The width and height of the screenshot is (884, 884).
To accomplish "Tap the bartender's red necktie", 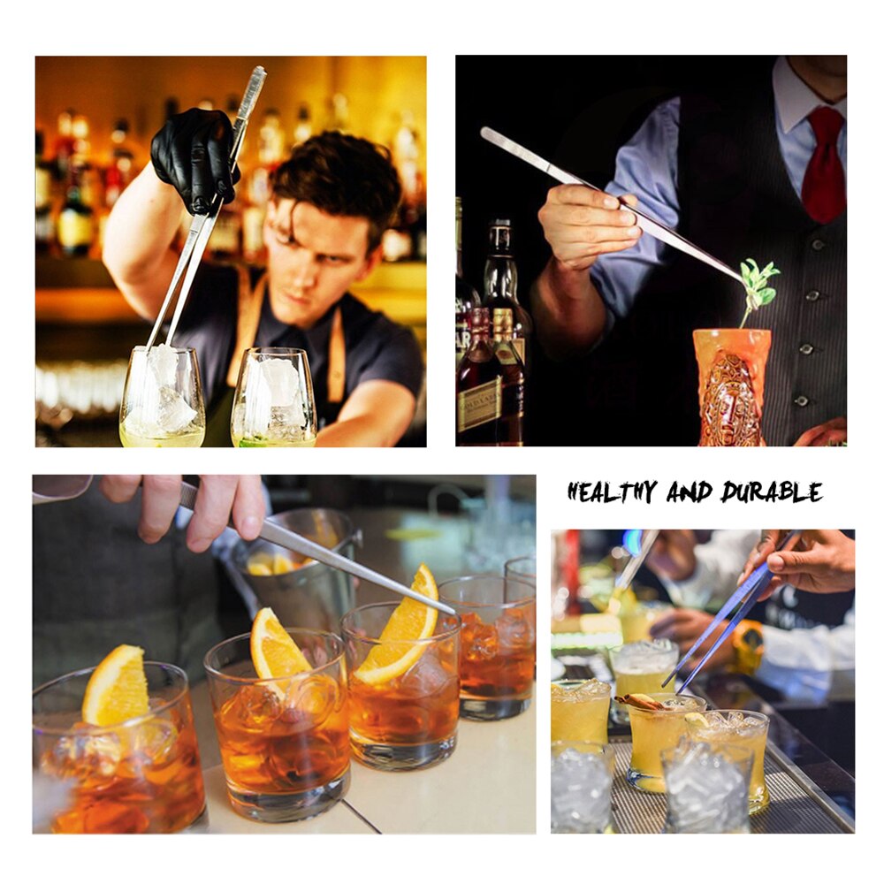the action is point(823,164).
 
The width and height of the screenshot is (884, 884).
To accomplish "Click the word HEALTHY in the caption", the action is point(612,492).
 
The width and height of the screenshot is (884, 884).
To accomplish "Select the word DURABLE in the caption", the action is point(771,492).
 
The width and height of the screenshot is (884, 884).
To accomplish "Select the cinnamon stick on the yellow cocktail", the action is point(640,701).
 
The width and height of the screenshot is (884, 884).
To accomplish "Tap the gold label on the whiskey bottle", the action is point(479,404).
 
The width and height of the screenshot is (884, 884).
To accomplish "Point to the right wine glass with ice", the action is point(274,398).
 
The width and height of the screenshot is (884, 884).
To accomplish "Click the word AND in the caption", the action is point(689,492).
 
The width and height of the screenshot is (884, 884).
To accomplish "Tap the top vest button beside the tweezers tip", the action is point(818,245).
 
